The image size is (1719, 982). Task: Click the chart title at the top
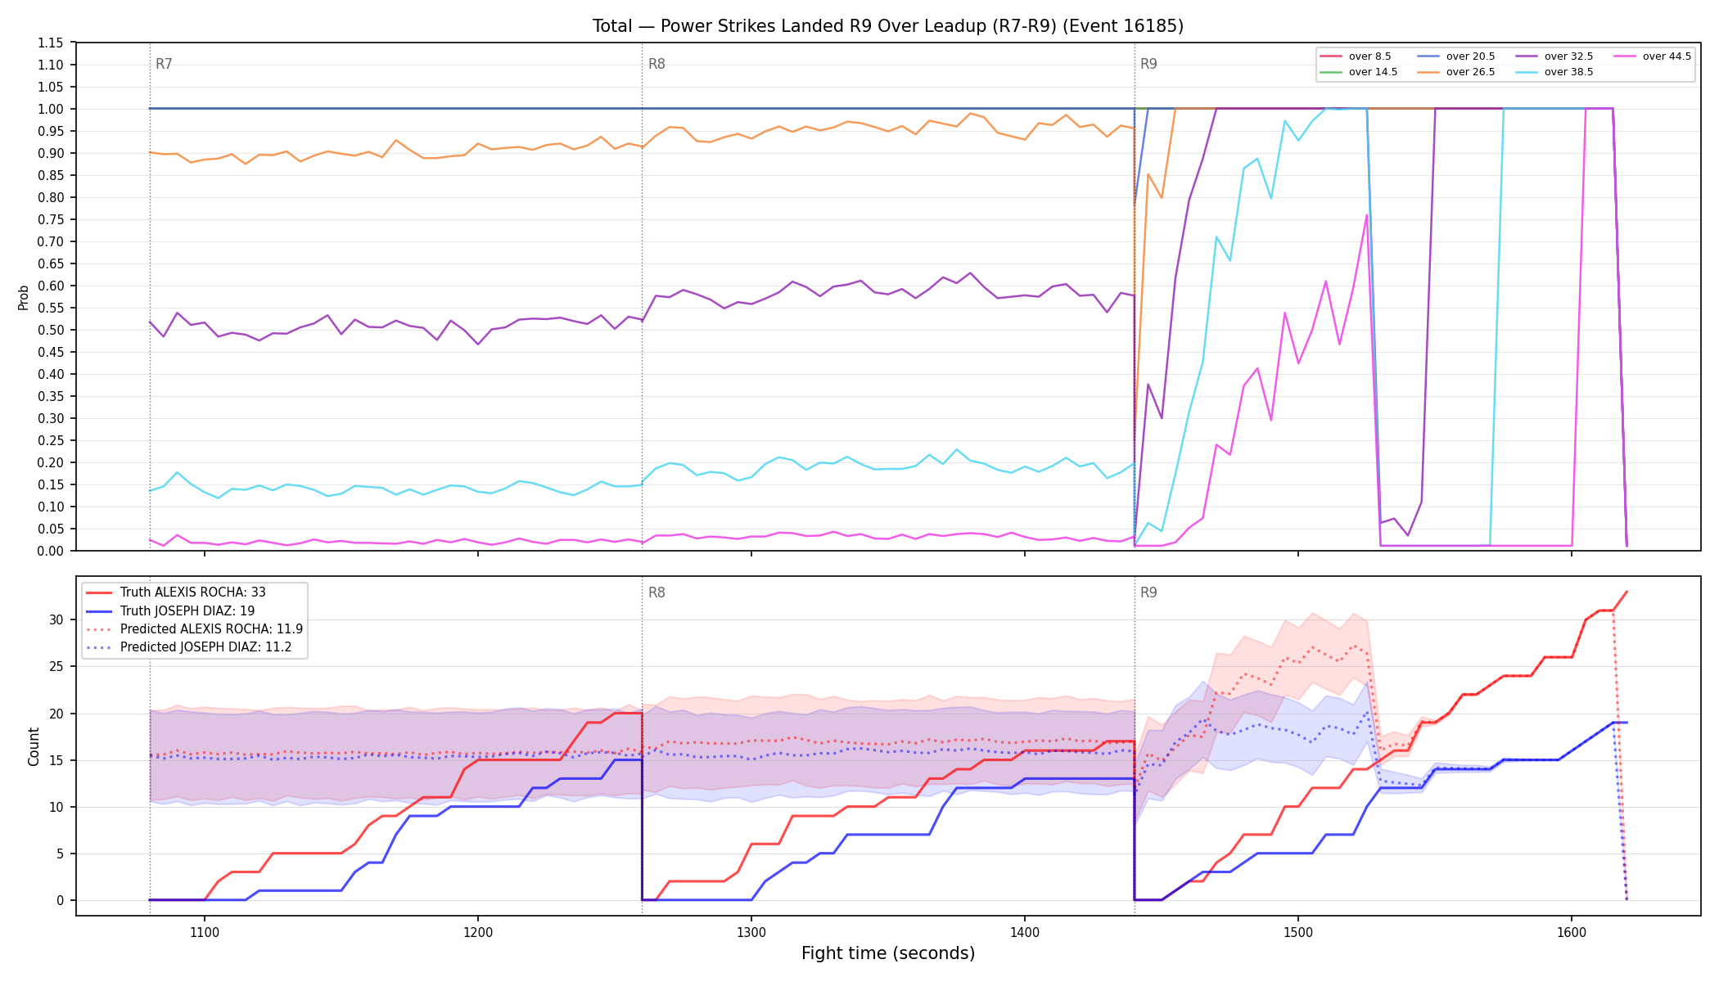pos(888,26)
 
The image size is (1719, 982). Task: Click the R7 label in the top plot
pos(164,64)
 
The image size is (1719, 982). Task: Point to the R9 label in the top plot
pos(1148,64)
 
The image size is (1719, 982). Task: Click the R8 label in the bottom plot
pos(656,592)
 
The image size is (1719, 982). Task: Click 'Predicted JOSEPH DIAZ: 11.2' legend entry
pos(188,647)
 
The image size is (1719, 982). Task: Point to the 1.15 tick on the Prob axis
pos(51,43)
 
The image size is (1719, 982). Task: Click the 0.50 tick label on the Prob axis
pos(51,330)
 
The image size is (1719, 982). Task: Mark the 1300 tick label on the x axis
pos(751,932)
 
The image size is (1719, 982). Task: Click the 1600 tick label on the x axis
pos(1571,932)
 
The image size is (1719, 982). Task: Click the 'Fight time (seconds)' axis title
pos(888,953)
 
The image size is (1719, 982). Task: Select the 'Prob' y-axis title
pos(24,297)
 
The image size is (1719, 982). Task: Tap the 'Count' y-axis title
pos(34,746)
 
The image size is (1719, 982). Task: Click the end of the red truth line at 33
pos(1627,592)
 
